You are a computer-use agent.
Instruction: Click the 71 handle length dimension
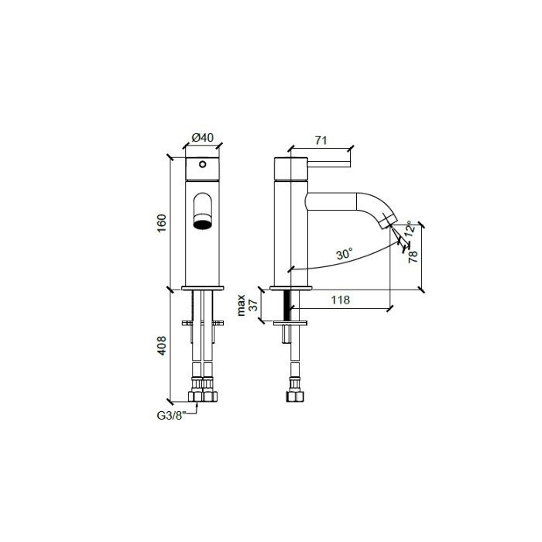tap(320, 141)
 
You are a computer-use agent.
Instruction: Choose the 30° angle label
tap(345, 253)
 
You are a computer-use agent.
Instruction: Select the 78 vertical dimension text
tap(413, 255)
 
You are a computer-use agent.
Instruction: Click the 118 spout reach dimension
tap(340, 300)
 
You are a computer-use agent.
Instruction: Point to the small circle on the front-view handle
tap(203, 164)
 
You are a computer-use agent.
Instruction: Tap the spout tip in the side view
tap(388, 224)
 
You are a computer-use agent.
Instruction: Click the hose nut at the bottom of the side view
tap(295, 396)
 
